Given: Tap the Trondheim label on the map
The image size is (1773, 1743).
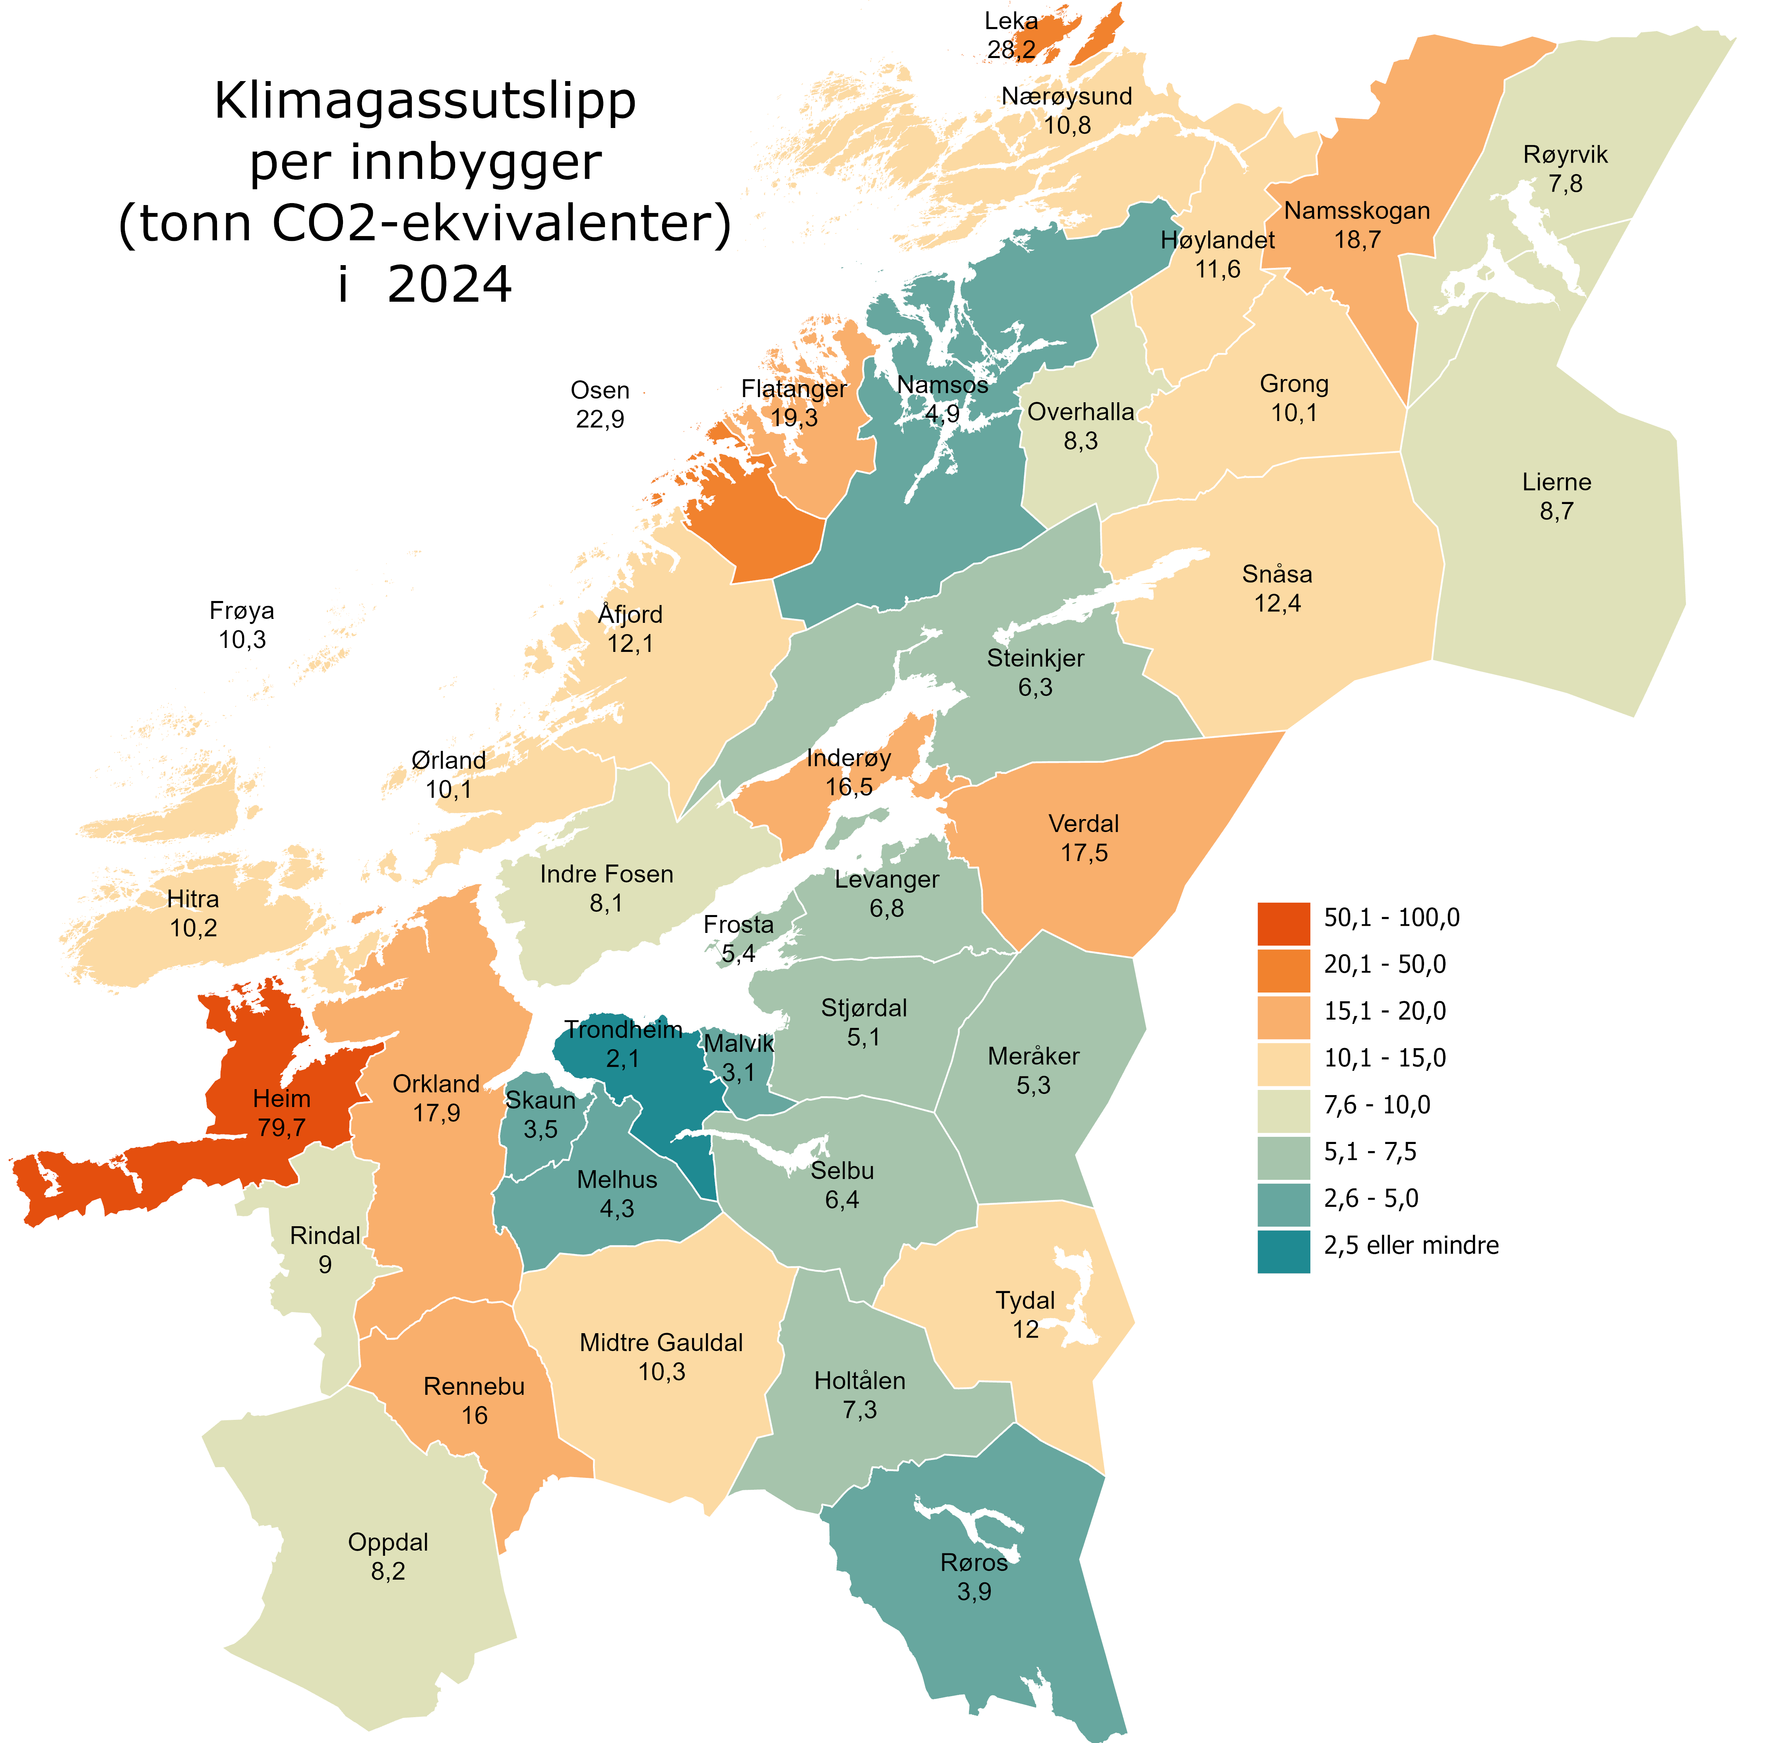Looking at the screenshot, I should tap(623, 1030).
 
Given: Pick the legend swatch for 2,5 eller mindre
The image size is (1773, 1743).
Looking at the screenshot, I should tap(1283, 1251).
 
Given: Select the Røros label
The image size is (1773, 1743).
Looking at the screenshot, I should tap(974, 1563).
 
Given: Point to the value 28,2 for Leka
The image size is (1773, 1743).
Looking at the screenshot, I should tap(1011, 49).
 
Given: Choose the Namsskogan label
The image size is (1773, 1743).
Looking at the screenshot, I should tap(1356, 211).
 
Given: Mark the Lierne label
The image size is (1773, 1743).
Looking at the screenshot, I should tap(1556, 483).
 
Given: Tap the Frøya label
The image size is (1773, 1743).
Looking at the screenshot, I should tap(242, 611).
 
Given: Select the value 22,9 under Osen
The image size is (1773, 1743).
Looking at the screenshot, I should tap(599, 419).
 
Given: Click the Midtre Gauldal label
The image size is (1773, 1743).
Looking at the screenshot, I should tap(661, 1343).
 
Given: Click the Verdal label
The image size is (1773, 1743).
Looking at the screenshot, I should tap(1084, 824).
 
